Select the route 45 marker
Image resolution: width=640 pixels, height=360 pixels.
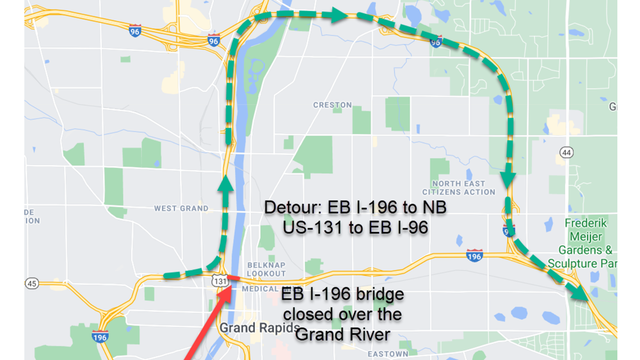(x=31, y=284)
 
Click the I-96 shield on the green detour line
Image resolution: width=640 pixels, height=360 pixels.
(x=436, y=42)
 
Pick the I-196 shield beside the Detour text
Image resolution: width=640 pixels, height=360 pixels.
(x=474, y=256)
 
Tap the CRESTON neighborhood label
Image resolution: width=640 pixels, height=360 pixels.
(x=332, y=105)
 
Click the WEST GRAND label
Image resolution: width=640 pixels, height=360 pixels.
(x=181, y=208)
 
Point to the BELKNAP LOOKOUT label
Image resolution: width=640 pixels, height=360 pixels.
(x=266, y=269)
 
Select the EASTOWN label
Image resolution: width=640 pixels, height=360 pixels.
(x=388, y=354)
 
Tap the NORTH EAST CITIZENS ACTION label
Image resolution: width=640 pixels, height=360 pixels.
(x=459, y=188)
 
